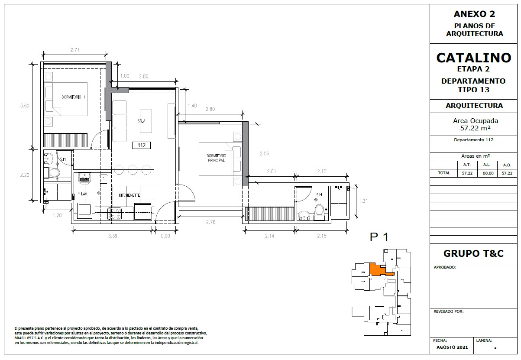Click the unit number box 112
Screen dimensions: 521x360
point(141,145)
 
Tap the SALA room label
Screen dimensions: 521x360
point(141,121)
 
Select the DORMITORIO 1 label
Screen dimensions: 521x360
point(73,97)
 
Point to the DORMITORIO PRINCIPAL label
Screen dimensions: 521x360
point(216,158)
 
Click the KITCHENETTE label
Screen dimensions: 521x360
point(129,195)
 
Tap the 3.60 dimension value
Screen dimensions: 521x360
point(25,106)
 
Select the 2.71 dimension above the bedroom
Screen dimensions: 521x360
point(75,50)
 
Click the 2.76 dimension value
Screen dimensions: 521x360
point(211,222)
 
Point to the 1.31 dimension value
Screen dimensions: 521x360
point(363,201)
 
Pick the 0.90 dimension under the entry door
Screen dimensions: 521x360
point(165,236)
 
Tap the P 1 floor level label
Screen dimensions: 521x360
point(379,237)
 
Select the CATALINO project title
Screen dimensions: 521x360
point(474,58)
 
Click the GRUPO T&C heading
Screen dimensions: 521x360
point(473,253)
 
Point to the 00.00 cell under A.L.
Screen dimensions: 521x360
point(488,173)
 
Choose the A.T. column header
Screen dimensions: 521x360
point(467,165)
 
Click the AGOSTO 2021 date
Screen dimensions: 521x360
point(452,347)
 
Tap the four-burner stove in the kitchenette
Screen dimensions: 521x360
point(114,214)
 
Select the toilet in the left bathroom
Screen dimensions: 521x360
point(55,173)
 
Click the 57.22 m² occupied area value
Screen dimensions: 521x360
point(476,128)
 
